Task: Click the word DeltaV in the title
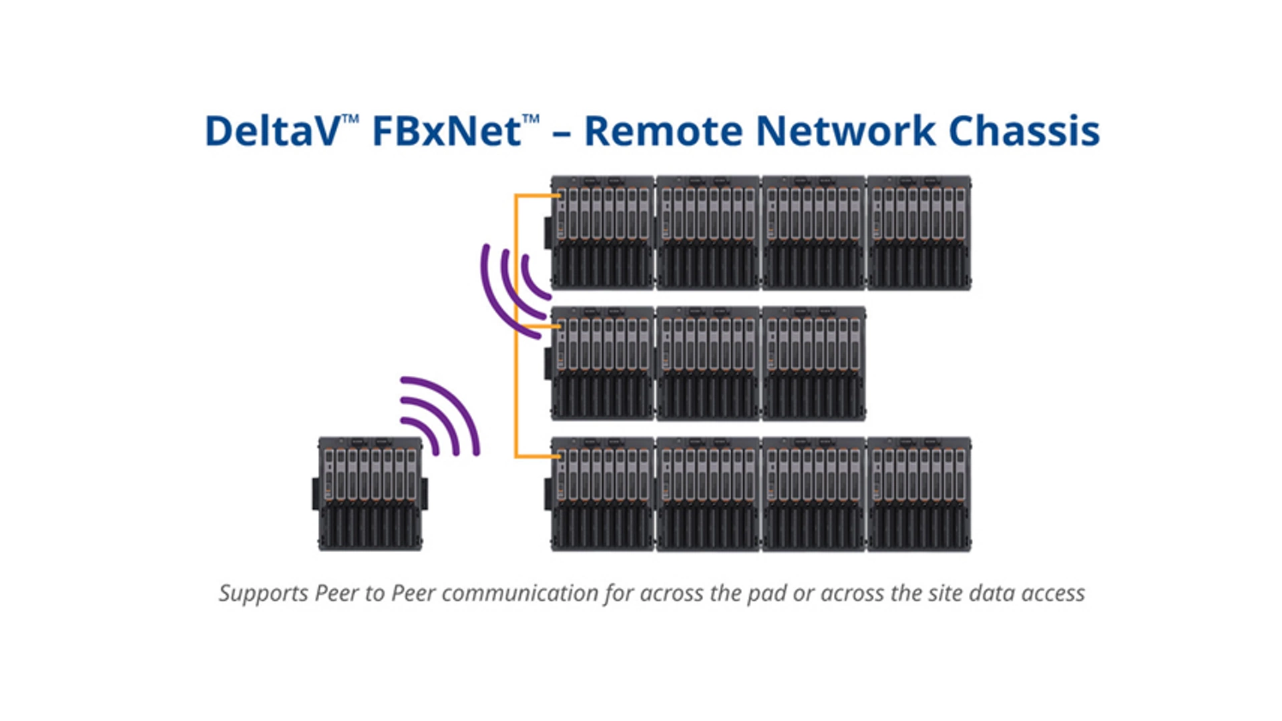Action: pyautogui.click(x=272, y=131)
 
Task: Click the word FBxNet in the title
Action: pyautogui.click(x=446, y=131)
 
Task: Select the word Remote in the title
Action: pyautogui.click(x=662, y=131)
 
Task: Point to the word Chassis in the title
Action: pyautogui.click(x=1024, y=131)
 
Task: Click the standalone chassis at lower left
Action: pyautogui.click(x=370, y=494)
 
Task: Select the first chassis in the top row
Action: pyautogui.click(x=602, y=232)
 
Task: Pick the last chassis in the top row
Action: pyautogui.click(x=919, y=232)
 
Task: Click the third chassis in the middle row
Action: pyautogui.click(x=813, y=363)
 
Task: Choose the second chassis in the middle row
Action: pyautogui.click(x=708, y=363)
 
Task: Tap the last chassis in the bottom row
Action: pyautogui.click(x=919, y=494)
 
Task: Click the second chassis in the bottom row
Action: pyautogui.click(x=708, y=494)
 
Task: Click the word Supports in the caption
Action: pyautogui.click(x=264, y=593)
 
